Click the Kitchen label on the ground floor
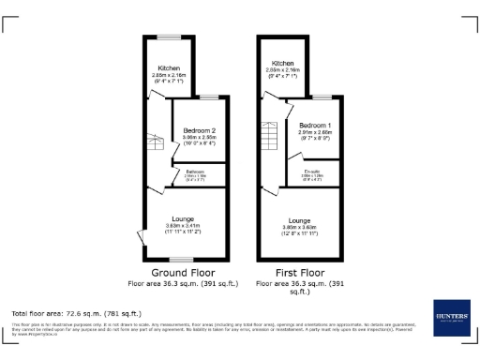point(169,68)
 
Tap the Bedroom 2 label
point(200,129)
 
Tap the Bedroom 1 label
point(315,125)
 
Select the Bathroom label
point(195,172)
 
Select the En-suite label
point(312,172)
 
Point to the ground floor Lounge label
point(179,219)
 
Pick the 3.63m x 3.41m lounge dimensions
point(179,226)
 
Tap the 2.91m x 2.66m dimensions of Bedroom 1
point(315,132)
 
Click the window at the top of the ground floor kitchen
point(169,37)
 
